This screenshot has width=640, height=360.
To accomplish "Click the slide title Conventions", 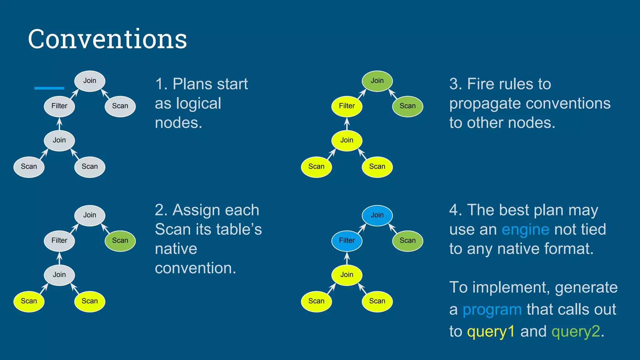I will click(x=107, y=39).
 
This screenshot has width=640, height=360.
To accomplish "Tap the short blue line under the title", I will click(x=49, y=88).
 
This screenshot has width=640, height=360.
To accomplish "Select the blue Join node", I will click(x=377, y=215).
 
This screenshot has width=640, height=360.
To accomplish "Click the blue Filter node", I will click(x=347, y=241).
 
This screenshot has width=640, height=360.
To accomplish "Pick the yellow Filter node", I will click(x=347, y=106).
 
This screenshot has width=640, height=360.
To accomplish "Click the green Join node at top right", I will click(x=377, y=81).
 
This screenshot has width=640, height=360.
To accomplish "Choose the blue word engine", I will click(x=525, y=230).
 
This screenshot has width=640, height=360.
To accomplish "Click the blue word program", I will click(x=492, y=310).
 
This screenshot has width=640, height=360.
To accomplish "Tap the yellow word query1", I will click(x=491, y=332).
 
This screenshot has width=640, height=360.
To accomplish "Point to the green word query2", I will click(x=576, y=332).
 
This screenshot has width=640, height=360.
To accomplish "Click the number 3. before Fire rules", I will click(x=456, y=84).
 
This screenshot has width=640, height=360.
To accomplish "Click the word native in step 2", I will click(x=176, y=249).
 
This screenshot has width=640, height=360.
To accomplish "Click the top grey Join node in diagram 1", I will click(x=90, y=81).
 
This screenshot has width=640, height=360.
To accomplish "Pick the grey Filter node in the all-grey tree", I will click(x=59, y=106).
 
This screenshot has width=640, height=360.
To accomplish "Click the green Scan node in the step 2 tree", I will click(x=120, y=241).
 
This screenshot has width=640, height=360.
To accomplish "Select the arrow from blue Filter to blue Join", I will click(x=362, y=228).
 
